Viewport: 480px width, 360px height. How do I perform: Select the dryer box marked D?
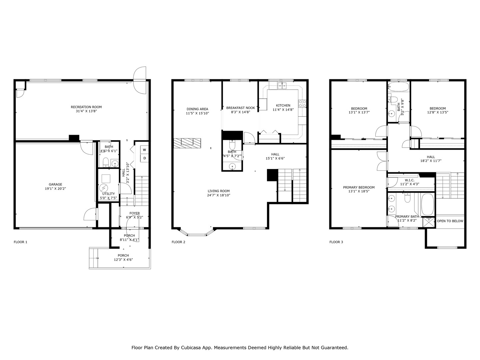tap(145, 158)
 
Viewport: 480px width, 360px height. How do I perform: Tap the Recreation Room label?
tap(86, 107)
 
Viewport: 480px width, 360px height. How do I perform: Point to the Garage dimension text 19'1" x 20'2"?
tap(55, 189)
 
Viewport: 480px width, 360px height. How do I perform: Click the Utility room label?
tap(108, 194)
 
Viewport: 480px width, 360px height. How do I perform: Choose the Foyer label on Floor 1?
tap(135, 213)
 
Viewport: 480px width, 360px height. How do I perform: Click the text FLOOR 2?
tap(178, 242)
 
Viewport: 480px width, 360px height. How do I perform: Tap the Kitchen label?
tap(283, 105)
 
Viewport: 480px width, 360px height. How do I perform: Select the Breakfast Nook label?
tap(240, 108)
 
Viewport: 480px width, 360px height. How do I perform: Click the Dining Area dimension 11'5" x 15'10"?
tap(197, 113)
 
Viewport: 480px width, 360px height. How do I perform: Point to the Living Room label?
tap(218, 191)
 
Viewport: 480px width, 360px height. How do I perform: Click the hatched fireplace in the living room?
tap(187, 143)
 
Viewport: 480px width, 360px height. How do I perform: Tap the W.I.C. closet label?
tap(410, 180)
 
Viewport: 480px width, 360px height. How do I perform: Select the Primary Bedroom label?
tap(359, 187)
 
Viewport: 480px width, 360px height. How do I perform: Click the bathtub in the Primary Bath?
tap(428, 205)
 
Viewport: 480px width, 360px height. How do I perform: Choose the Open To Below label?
tap(450, 221)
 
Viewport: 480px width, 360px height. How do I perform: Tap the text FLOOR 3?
tap(336, 242)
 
